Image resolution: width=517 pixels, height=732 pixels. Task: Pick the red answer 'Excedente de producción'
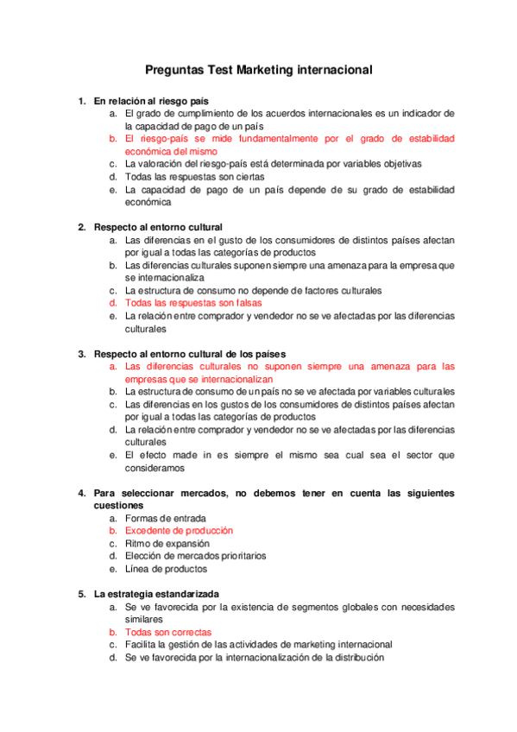click(179, 531)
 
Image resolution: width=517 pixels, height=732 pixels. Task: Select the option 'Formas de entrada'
click(165, 518)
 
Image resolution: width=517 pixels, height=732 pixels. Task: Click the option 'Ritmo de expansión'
click(167, 544)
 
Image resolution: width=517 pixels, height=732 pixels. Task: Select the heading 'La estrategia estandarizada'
click(156, 594)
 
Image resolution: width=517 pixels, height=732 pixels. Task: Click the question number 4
click(81, 493)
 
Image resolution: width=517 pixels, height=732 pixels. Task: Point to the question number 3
click(81, 354)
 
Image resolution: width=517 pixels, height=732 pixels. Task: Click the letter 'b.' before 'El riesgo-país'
click(113, 138)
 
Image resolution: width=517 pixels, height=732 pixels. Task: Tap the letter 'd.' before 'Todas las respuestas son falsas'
click(113, 303)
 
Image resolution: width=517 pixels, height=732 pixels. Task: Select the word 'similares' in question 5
click(144, 620)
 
